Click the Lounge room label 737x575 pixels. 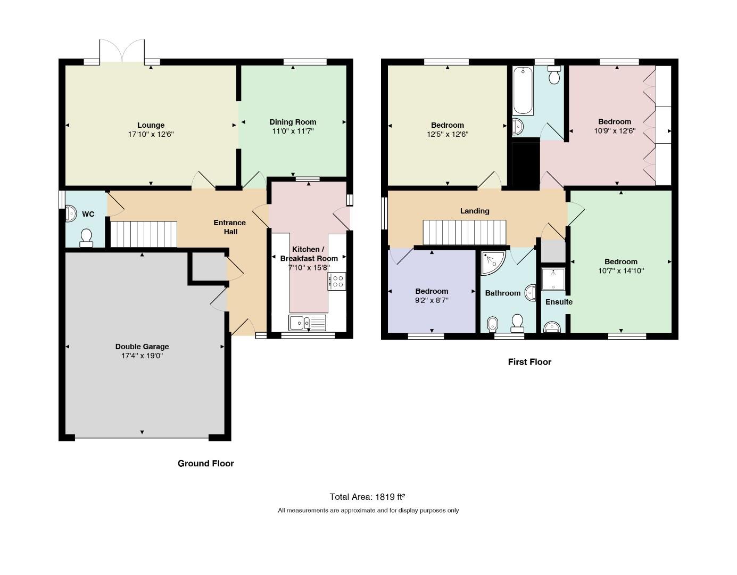coord(151,125)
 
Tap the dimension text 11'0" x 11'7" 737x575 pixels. coord(293,131)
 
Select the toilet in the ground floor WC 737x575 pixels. coord(86,238)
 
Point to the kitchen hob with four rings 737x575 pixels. coord(337,281)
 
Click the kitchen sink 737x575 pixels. coord(307,323)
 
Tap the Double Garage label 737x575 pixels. coord(142,347)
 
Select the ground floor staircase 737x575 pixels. coord(144,234)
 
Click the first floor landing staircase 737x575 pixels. coord(465,232)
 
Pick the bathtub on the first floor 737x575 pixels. coord(523,90)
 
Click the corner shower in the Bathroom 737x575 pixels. coord(493,262)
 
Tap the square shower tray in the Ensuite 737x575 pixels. coord(553,279)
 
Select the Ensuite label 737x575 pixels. coord(559,302)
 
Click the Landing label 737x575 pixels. coord(475,211)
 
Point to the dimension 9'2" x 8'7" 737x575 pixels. coord(432,300)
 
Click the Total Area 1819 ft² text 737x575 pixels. coord(367,497)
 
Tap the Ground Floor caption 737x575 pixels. coord(205,463)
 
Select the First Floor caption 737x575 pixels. coord(529,362)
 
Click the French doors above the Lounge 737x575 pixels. coord(122,51)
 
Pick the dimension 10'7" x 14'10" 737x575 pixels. coord(620,270)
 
